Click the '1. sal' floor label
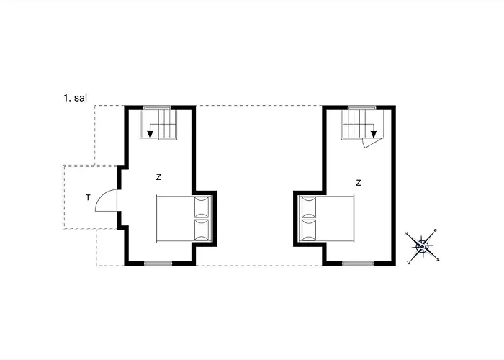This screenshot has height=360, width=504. [x=75, y=98]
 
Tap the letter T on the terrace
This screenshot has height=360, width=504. [x=88, y=198]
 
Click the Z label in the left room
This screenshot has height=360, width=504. [x=158, y=177]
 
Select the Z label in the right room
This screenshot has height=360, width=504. [x=359, y=183]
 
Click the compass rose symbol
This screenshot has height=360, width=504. [x=422, y=246]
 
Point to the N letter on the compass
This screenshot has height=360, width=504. [x=406, y=234]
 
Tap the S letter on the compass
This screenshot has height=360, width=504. [x=438, y=260]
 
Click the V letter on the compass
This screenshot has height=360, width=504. [x=408, y=263]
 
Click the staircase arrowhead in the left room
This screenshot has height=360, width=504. [x=150, y=135]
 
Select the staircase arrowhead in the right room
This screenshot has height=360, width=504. [x=374, y=135]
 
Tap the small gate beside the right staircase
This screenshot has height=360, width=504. [x=372, y=143]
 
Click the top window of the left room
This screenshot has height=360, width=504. [x=157, y=108]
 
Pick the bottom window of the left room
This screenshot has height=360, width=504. [x=158, y=264]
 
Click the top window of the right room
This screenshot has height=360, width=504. [x=362, y=108]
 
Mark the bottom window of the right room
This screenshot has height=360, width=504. [x=358, y=264]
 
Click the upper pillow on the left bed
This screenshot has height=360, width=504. [x=202, y=207]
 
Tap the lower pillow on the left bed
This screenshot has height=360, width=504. [x=202, y=230]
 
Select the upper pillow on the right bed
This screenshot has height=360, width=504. [x=309, y=207]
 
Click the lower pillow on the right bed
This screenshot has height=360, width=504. [x=309, y=230]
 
